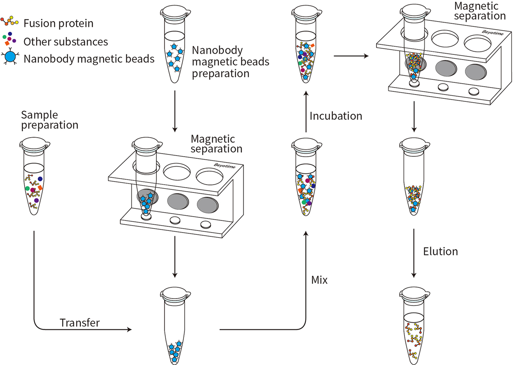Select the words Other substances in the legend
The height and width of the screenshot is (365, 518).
[x=66, y=41]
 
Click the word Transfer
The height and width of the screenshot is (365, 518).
[x=80, y=323]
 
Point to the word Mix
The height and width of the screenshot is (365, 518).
[x=319, y=280]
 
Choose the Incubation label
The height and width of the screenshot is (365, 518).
[x=336, y=116]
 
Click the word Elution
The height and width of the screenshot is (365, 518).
[x=440, y=251]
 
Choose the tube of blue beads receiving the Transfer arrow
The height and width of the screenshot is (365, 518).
[x=174, y=328]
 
